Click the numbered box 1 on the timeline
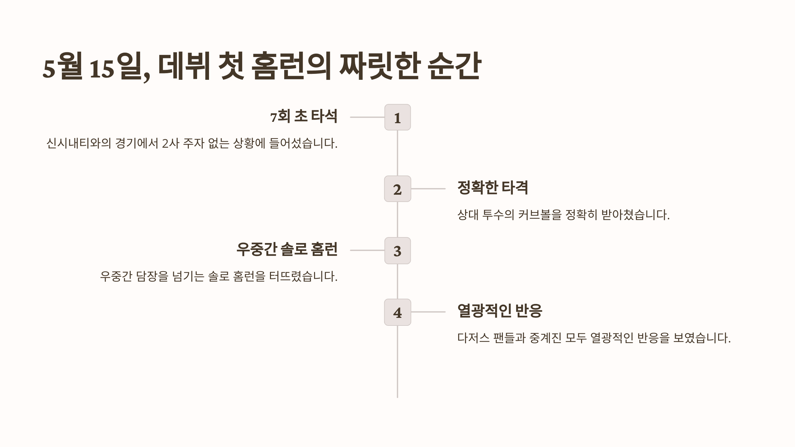pyautogui.click(x=397, y=117)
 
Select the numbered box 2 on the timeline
pyautogui.click(x=397, y=189)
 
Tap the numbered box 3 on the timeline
pyautogui.click(x=397, y=251)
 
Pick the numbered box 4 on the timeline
pyautogui.click(x=397, y=312)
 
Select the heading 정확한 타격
pyautogui.click(x=493, y=188)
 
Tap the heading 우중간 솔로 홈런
pyautogui.click(x=287, y=249)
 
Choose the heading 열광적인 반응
pyautogui.click(x=500, y=311)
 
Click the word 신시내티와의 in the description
pyautogui.click(x=79, y=144)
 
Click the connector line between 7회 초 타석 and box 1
pyautogui.click(x=367, y=117)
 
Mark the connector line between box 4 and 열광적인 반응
pyautogui.click(x=428, y=312)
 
